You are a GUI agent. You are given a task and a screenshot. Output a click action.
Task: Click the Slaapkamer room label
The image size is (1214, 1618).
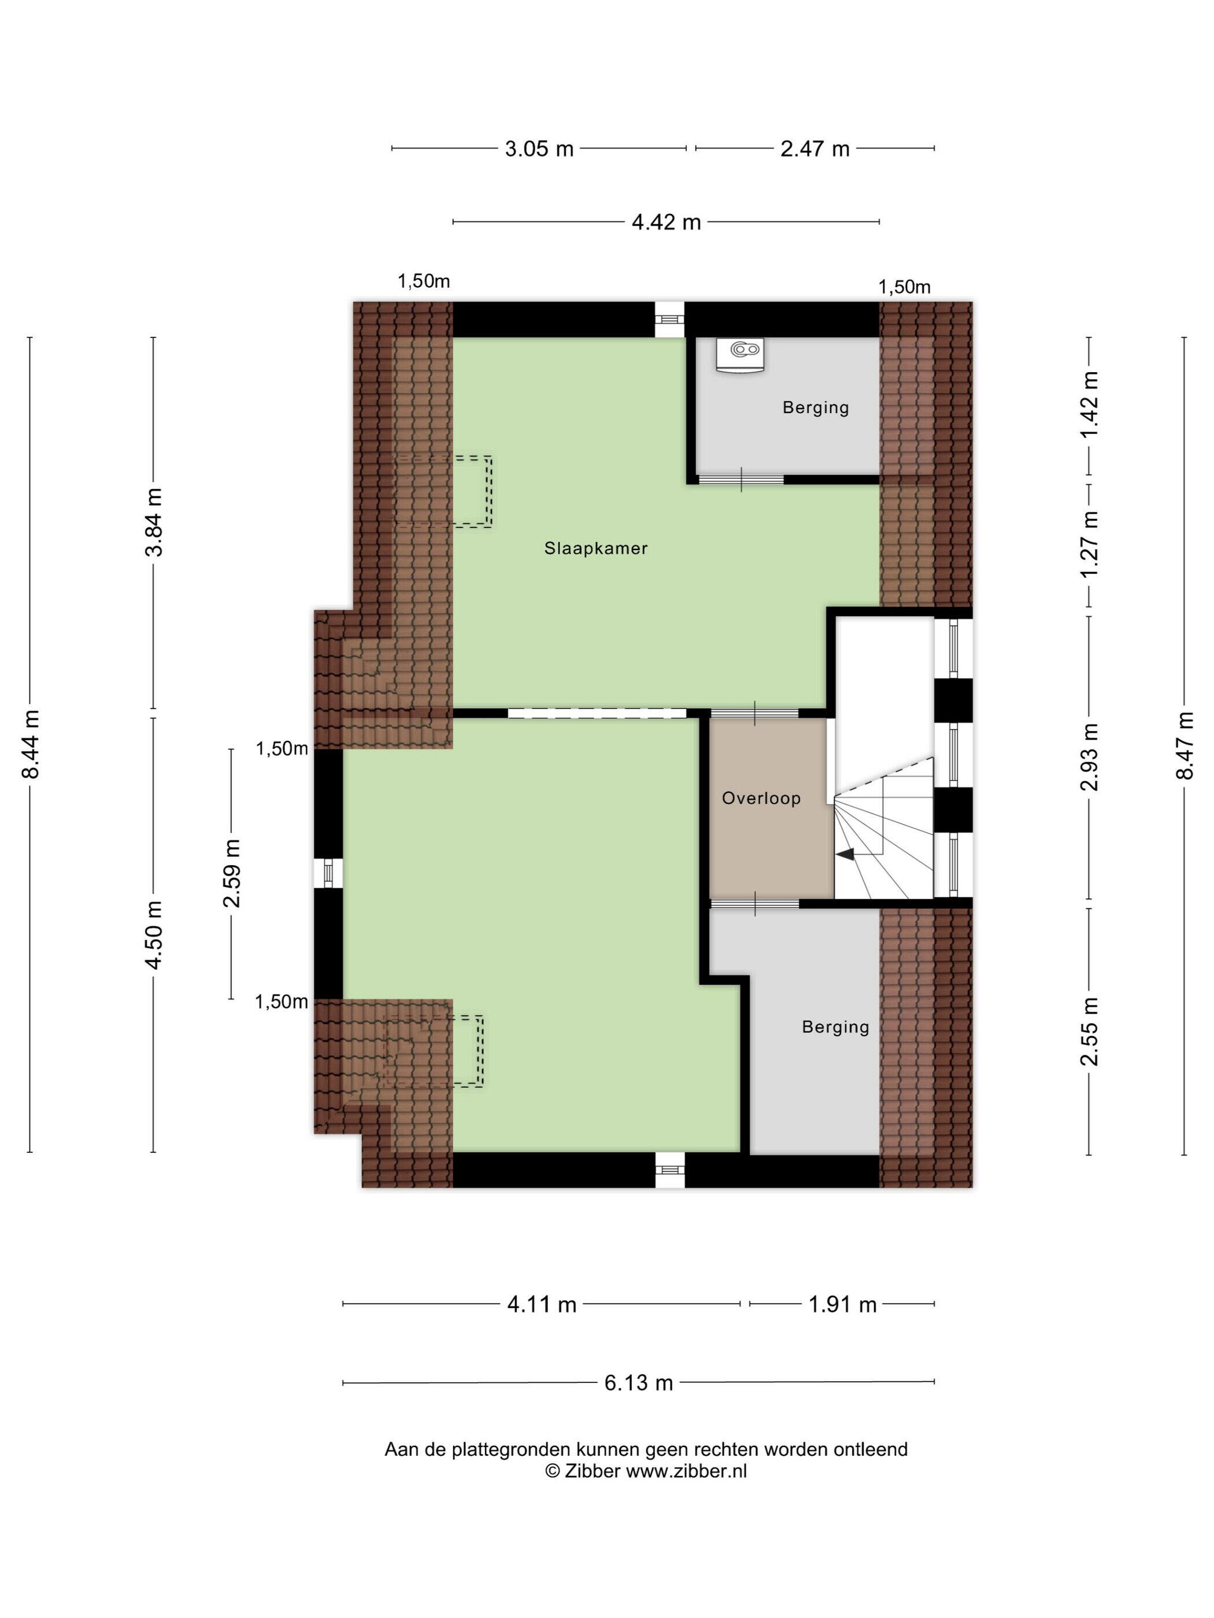[x=595, y=548]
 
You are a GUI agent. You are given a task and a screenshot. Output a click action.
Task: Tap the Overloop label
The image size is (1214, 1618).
[x=761, y=798]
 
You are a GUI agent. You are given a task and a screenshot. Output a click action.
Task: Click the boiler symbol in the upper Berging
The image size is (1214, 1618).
[x=741, y=355]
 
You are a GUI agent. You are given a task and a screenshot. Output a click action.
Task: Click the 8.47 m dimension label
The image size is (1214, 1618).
[x=1185, y=745]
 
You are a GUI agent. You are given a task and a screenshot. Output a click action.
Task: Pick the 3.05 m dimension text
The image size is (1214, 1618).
[x=539, y=149]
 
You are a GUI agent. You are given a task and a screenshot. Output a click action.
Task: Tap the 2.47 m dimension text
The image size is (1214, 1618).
[x=815, y=149]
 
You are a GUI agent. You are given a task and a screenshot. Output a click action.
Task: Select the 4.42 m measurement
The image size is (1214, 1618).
[x=666, y=222]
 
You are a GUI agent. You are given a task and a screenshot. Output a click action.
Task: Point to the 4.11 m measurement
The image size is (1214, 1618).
[x=542, y=1304]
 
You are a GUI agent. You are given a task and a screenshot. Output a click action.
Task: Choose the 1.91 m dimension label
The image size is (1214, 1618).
[x=842, y=1304]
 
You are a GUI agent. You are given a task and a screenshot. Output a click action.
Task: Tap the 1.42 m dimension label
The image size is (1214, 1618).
[x=1090, y=404]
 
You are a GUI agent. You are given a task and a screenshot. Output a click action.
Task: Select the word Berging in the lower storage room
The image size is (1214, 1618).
[x=835, y=1027]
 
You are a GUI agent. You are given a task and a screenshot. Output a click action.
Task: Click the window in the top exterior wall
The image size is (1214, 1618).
[x=669, y=320]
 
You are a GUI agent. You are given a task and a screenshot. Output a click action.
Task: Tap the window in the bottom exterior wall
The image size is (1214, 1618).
[x=669, y=1170]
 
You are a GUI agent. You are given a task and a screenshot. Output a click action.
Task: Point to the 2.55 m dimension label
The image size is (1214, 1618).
[x=1090, y=1031]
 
